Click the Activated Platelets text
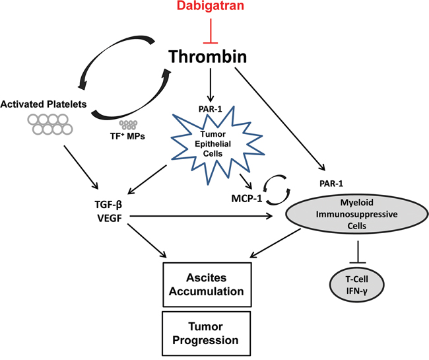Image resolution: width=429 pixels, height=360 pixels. coord(41,104)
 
